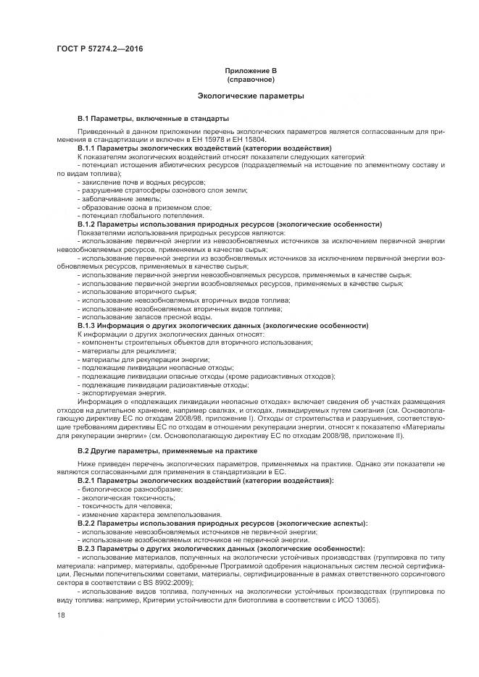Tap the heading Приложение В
coord(251,71)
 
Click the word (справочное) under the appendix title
coord(251,79)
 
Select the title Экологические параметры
coord(251,96)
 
